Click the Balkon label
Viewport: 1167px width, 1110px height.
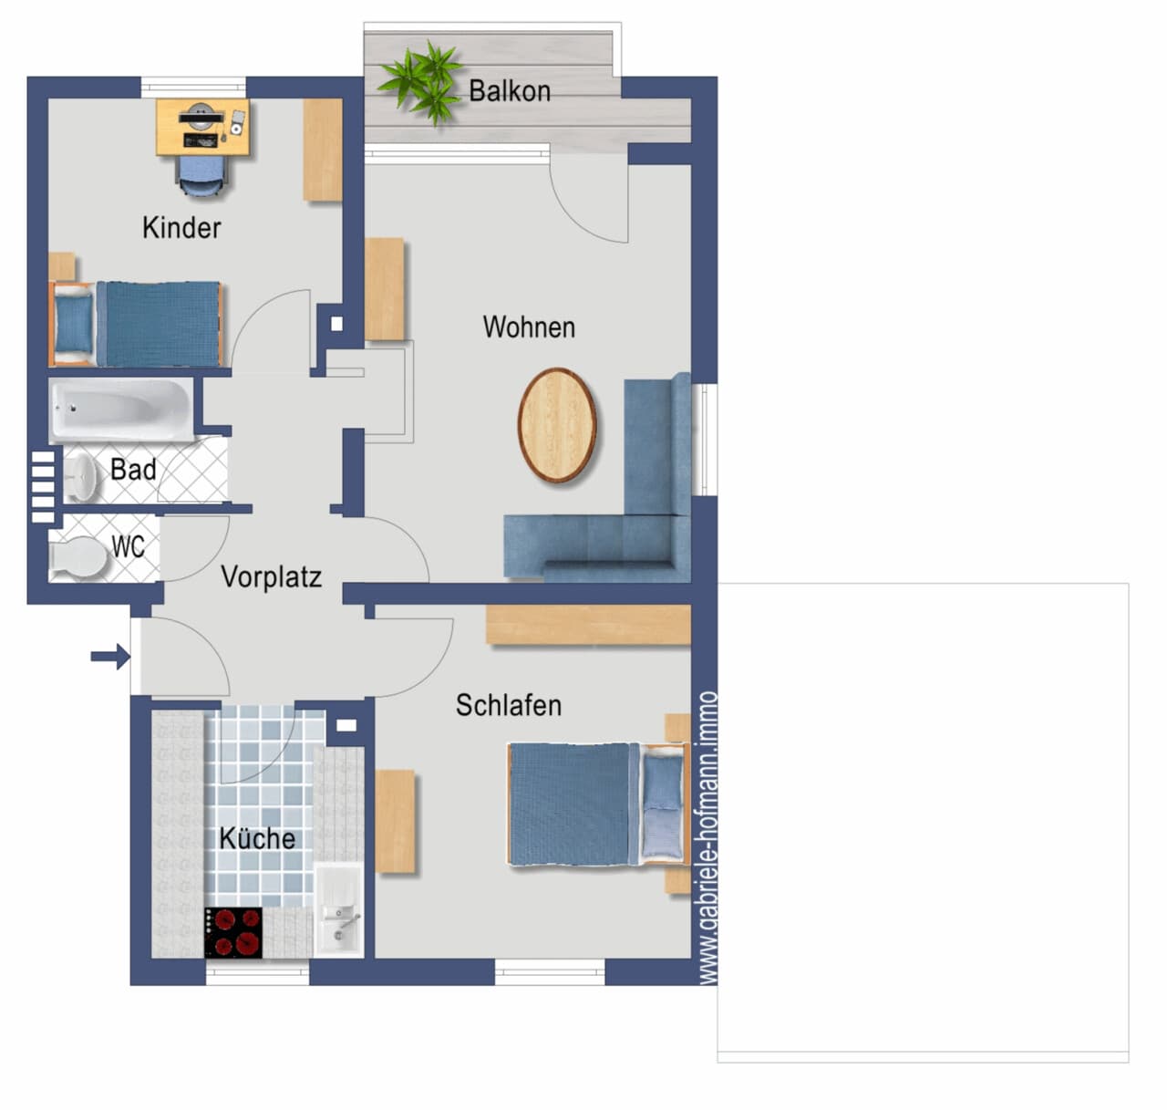click(510, 91)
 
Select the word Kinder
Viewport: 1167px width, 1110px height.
click(181, 227)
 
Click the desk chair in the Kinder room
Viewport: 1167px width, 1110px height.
click(201, 176)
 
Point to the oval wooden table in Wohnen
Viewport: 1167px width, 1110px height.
click(557, 424)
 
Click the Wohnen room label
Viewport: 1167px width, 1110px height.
click(529, 327)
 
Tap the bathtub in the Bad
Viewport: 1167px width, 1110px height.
click(121, 410)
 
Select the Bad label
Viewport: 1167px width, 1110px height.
click(133, 470)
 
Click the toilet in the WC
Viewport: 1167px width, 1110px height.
click(77, 557)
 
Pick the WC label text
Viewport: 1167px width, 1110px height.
click(128, 546)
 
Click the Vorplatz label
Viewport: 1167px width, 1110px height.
click(272, 576)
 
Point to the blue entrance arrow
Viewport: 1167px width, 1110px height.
click(110, 657)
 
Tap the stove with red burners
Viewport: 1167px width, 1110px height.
click(233, 932)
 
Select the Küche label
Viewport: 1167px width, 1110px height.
click(257, 838)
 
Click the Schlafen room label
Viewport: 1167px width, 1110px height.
click(509, 706)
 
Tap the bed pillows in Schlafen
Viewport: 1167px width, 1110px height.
click(663, 805)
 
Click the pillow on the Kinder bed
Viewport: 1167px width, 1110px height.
click(74, 323)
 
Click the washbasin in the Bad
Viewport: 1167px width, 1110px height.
click(81, 476)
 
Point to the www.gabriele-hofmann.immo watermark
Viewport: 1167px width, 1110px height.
click(708, 837)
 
